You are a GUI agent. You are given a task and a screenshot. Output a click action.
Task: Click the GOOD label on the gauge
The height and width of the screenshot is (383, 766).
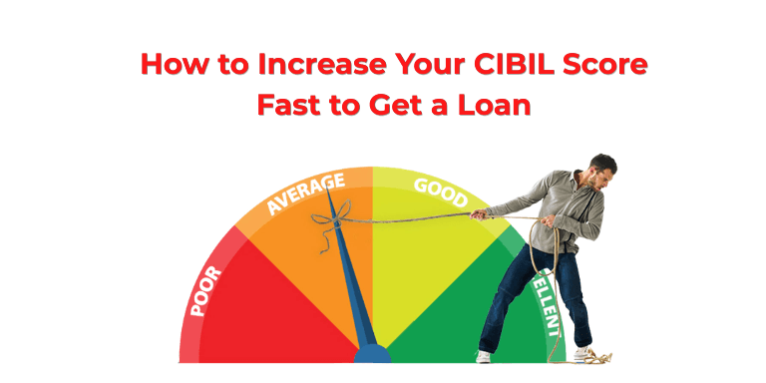(439, 190)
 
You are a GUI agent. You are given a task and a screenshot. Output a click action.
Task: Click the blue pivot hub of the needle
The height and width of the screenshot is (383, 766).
(372, 353)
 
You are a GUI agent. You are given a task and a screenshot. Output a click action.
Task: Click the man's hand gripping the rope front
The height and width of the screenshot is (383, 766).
(480, 212)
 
